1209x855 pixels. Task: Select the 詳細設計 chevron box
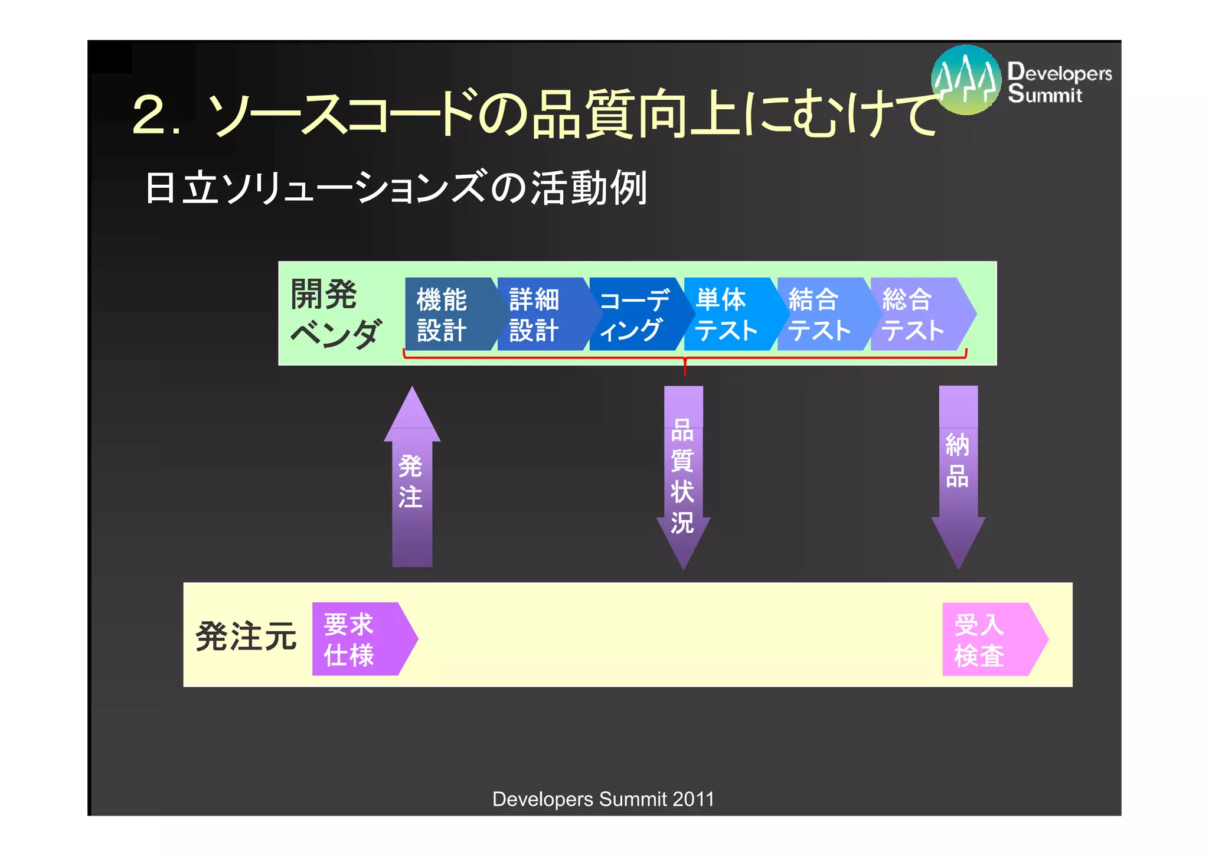click(x=536, y=314)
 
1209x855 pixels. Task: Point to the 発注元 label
click(x=246, y=637)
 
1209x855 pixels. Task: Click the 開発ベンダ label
click(x=334, y=313)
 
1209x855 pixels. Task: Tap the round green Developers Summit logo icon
click(x=966, y=80)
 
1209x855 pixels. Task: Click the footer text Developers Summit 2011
click(x=603, y=799)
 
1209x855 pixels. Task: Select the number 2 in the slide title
click(x=149, y=114)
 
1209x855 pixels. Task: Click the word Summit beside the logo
click(x=1045, y=94)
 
